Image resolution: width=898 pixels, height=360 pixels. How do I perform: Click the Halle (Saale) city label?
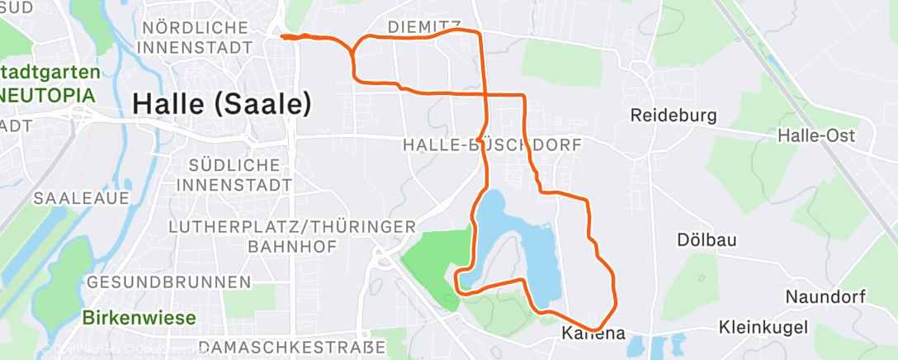coord(221,104)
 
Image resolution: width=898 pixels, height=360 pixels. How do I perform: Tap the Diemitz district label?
coord(424,27)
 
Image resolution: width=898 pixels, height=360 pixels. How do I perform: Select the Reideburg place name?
coord(673,115)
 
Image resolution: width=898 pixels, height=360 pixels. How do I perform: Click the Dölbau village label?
coord(707,239)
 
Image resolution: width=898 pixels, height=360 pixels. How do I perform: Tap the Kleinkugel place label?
coord(763,328)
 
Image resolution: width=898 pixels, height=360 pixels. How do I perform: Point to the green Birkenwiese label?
coord(139,318)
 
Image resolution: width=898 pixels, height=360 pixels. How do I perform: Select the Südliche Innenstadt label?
coord(240,173)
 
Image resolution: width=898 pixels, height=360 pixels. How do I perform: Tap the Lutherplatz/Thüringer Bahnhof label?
coord(291,235)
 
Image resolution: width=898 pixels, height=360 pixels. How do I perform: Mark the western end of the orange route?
coord(282,36)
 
